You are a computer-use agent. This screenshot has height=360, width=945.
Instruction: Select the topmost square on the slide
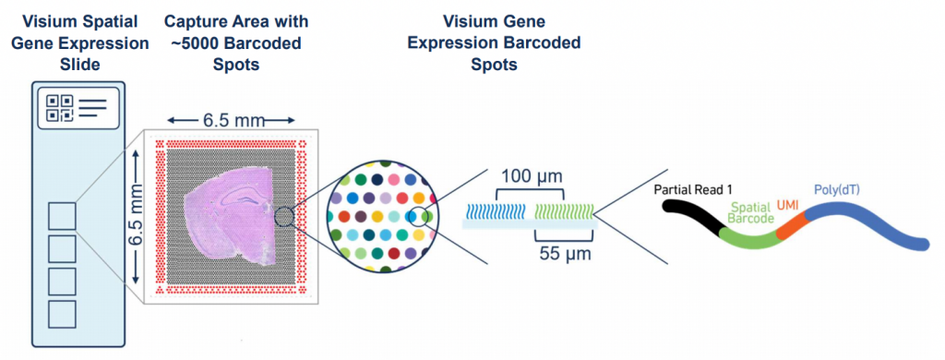(x=63, y=217)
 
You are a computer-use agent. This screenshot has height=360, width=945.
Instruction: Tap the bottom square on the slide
(x=63, y=313)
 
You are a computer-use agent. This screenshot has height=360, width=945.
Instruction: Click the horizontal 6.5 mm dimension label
(x=231, y=120)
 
